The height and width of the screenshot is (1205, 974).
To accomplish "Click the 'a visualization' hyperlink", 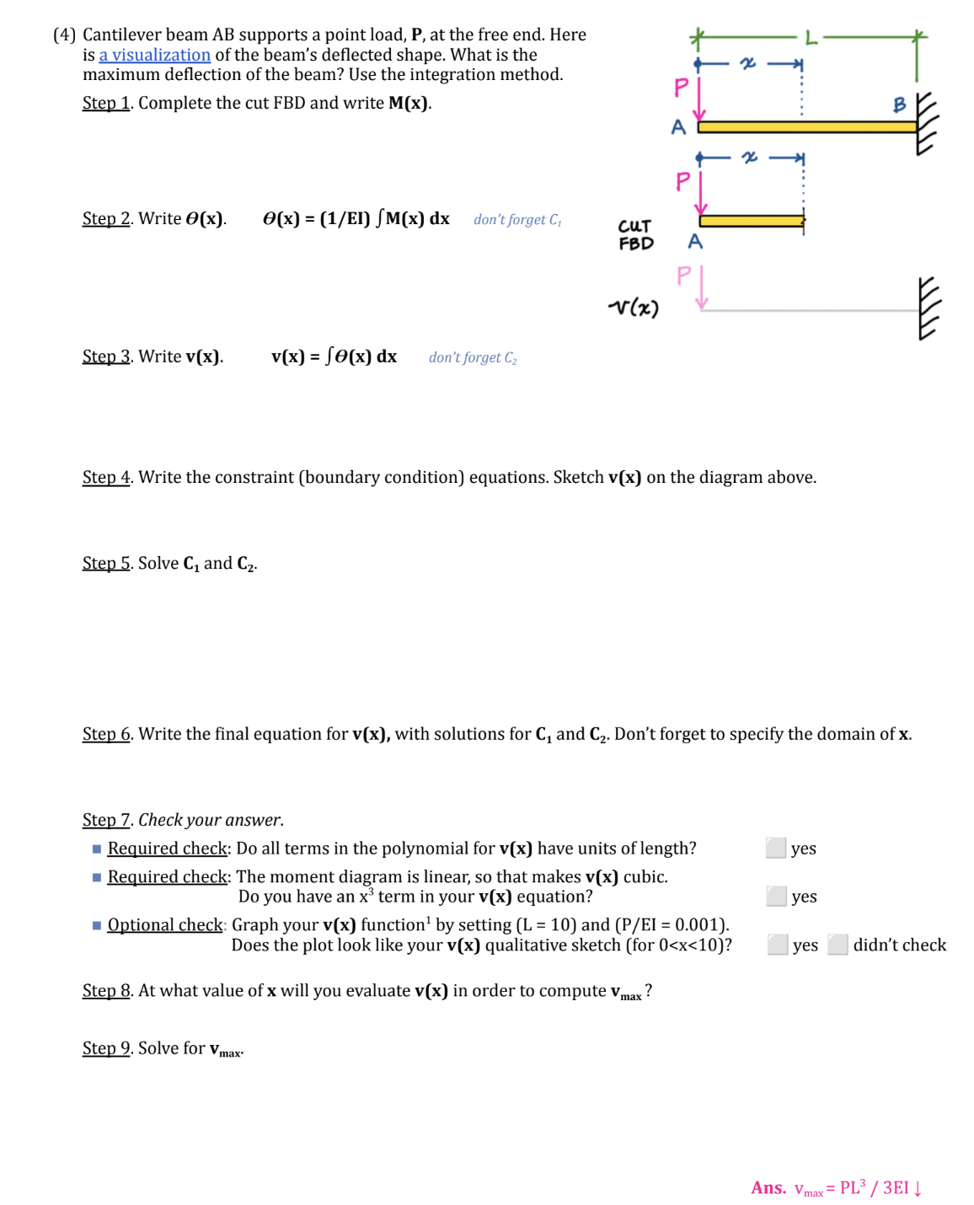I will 155,55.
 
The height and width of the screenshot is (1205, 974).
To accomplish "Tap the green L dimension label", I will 811,37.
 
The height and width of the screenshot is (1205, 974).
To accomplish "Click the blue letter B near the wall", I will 899,104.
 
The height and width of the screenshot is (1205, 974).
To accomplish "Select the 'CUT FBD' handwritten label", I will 635,235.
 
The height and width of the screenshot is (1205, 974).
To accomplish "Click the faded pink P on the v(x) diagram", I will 683,276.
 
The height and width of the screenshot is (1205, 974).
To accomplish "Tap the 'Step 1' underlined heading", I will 106,103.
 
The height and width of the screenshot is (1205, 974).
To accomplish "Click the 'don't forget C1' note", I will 517,219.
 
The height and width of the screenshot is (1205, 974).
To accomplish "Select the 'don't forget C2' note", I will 473,357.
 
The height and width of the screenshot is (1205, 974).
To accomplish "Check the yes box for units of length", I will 776,848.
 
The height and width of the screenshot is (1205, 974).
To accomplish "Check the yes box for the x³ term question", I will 776,896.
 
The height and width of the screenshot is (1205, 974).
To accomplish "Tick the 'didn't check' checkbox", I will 838,945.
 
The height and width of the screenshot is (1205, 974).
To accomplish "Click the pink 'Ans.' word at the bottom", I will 768,1187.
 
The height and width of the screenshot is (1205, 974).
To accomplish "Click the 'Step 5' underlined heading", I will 106,563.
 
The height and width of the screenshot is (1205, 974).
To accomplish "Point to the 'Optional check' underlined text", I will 165,924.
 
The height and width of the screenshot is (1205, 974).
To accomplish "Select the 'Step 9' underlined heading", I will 106,1047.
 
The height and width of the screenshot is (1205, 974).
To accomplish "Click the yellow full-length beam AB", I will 807,127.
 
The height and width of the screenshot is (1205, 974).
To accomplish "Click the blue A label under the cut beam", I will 695,242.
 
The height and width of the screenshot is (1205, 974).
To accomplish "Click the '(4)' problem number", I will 64,35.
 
